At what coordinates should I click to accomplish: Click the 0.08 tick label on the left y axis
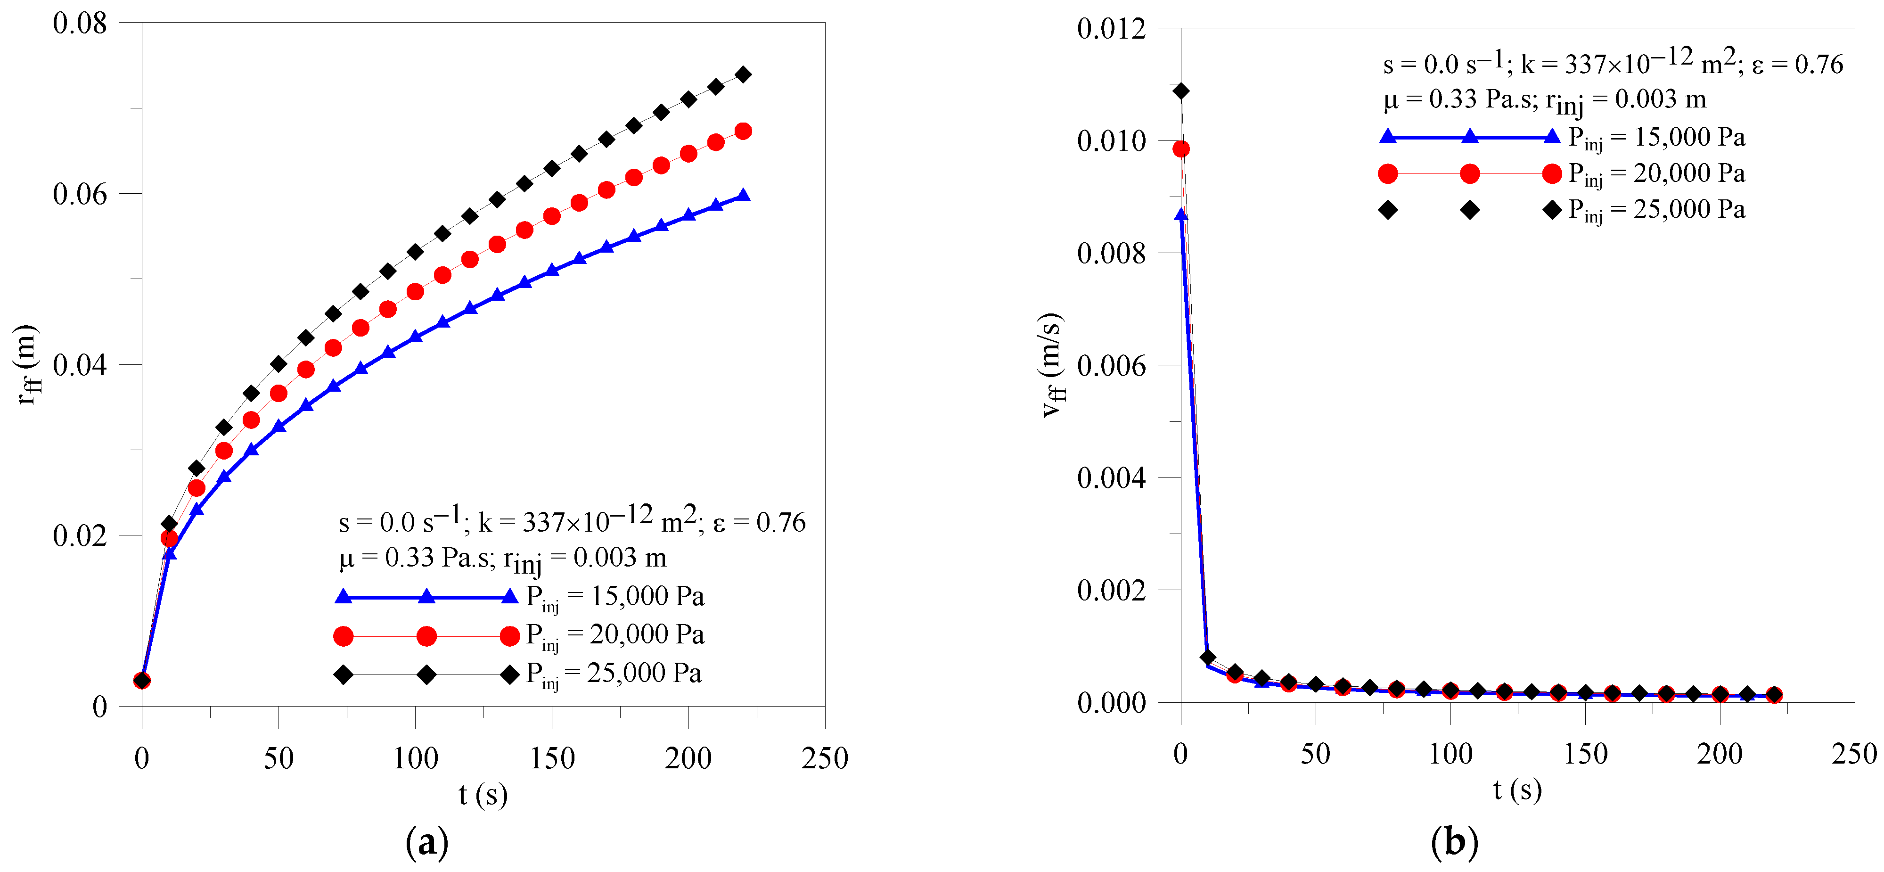point(79,24)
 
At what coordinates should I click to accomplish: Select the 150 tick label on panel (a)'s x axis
point(551,758)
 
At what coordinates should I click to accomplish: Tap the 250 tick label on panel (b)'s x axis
point(1853,754)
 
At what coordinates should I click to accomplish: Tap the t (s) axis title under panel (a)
point(483,794)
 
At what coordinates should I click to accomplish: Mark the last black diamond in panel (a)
point(742,74)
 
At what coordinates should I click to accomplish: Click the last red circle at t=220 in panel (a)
point(742,132)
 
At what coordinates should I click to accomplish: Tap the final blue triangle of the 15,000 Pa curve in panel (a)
point(742,195)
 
